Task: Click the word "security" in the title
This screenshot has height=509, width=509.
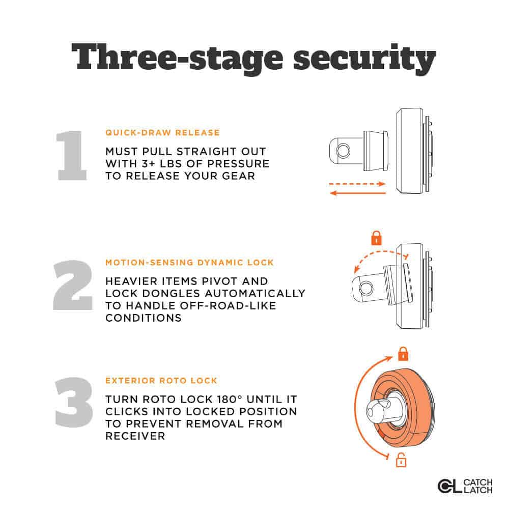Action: [364, 59]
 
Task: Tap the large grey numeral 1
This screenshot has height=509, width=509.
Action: [72, 155]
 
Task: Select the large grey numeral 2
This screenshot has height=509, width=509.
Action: [73, 285]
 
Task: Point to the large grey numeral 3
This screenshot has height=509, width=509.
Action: [74, 402]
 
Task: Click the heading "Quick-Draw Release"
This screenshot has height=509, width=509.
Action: [163, 133]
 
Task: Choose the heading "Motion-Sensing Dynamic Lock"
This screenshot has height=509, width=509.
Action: [189, 262]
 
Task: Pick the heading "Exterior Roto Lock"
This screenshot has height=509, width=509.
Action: [161, 380]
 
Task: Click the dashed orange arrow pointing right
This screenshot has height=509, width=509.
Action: [357, 184]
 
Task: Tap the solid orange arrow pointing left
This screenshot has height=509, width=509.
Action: [358, 193]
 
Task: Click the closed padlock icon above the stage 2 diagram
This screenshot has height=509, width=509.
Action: [376, 238]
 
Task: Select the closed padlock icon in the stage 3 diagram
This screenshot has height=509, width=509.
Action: [403, 354]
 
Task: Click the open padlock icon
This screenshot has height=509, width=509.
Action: [401, 460]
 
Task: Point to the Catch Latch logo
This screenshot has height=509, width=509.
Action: [465, 486]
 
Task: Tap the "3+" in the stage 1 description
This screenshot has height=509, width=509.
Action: [149, 163]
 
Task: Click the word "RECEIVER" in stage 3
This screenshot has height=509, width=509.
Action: [135, 436]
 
